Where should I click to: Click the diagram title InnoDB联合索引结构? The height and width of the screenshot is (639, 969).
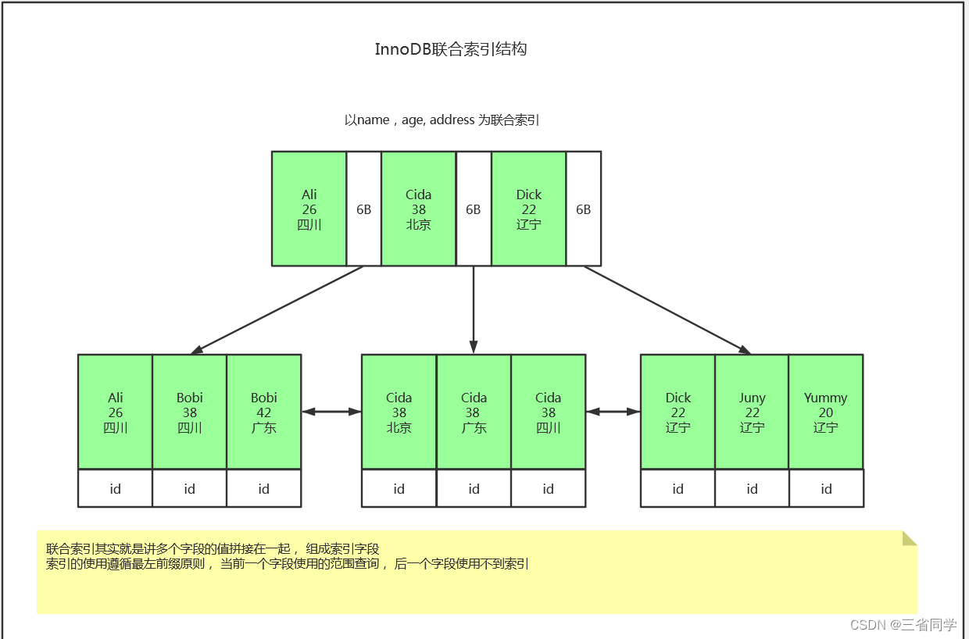tap(451, 49)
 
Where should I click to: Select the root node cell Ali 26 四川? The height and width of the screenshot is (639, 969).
tap(309, 209)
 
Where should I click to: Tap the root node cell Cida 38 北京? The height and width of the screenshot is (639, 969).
tap(418, 209)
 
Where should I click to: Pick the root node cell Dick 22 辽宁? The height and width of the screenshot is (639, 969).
tap(528, 209)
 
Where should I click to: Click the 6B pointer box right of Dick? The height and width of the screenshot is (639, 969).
tap(583, 209)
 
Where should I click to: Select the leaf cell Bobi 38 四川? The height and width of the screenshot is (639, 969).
tap(189, 412)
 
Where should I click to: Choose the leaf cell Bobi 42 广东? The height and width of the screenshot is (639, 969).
tap(263, 412)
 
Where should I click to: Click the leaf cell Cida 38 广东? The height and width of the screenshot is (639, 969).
tap(474, 412)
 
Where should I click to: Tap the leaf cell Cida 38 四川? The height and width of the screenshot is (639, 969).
tap(548, 412)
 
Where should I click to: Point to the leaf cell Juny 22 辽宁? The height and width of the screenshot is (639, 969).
tap(752, 412)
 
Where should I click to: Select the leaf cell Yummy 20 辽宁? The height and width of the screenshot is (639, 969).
tap(825, 412)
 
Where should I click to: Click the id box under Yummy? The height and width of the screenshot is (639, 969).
tap(826, 489)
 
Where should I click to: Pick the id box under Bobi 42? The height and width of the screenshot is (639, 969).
tap(263, 489)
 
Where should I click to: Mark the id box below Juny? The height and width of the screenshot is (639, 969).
tap(752, 489)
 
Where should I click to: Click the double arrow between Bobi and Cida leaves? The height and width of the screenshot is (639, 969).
tap(331, 412)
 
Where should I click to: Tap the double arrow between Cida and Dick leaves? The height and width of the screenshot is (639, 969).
tap(613, 412)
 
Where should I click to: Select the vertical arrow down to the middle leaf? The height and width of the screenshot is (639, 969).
tap(474, 309)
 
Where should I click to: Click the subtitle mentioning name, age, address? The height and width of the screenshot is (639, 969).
tap(442, 120)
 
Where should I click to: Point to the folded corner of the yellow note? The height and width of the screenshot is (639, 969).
tap(909, 537)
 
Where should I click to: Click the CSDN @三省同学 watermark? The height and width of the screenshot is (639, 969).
tap(903, 625)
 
